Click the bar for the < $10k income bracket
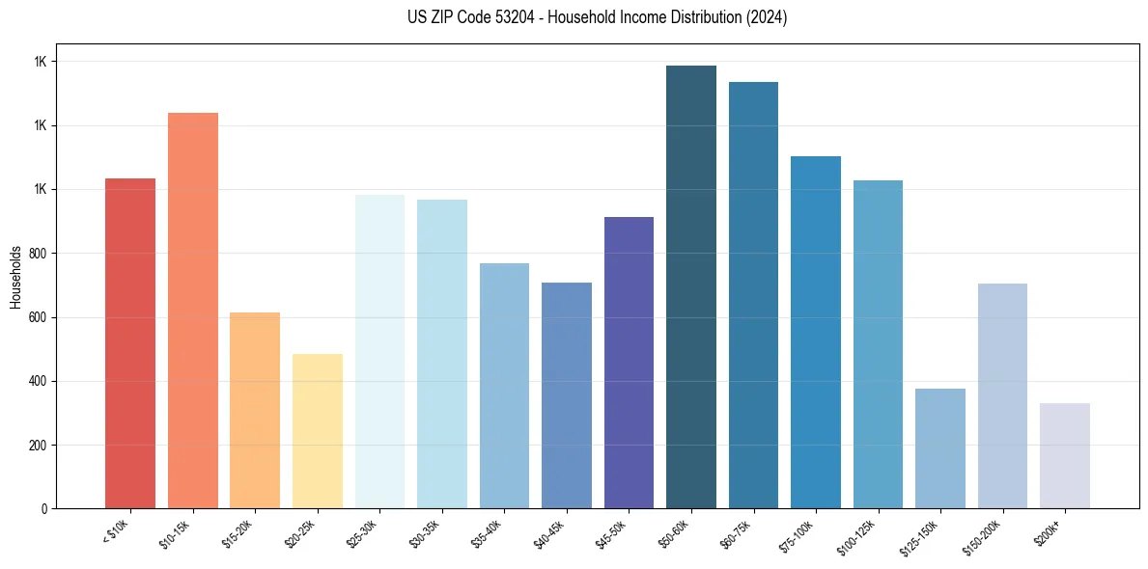pyautogui.click(x=130, y=343)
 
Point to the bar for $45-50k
pyautogui.click(x=629, y=363)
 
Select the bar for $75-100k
pyautogui.click(x=816, y=332)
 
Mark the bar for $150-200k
pyautogui.click(x=1002, y=395)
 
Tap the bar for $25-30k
pyautogui.click(x=379, y=351)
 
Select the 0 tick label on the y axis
pyautogui.click(x=43, y=509)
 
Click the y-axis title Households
pyautogui.click(x=15, y=277)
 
